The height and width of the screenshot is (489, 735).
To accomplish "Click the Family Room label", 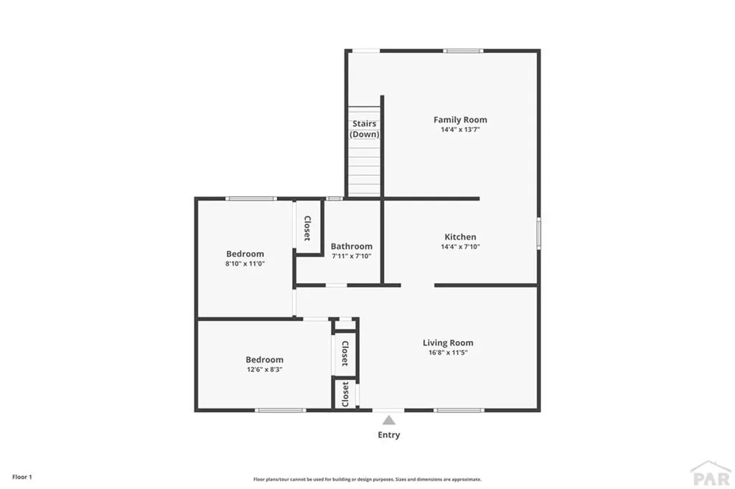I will coord(460,120).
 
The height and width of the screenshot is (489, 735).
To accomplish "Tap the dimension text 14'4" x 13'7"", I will coord(460,130).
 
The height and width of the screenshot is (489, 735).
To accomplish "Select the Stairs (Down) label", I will coord(365,129).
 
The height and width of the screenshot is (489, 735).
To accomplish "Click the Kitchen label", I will coord(460,237).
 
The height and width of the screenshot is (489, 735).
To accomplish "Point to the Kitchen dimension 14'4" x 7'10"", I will coord(460,247).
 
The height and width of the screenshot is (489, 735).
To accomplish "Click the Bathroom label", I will coord(351,246).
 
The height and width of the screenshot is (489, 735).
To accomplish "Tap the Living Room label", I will coord(448,343).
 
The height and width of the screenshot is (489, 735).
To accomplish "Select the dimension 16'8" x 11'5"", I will coord(448,353).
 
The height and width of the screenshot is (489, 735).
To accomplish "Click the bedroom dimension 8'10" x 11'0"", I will coord(245,264).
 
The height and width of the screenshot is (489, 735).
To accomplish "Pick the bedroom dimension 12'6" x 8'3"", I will coord(264,370).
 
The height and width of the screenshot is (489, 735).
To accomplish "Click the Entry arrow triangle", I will coord(388,420).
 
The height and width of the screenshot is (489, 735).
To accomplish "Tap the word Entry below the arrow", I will coord(388,435).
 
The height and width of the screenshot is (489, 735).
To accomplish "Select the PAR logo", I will coord(710,474).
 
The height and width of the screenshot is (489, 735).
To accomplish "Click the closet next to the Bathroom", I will coord(307,227).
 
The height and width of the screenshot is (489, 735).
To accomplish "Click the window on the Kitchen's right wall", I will coord(538,234).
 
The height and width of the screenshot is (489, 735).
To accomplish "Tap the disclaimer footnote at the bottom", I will coord(367,479).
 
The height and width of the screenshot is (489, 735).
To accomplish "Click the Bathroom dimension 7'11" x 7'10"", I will coord(351,256).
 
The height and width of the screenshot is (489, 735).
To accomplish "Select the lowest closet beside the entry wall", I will coord(345,394).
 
